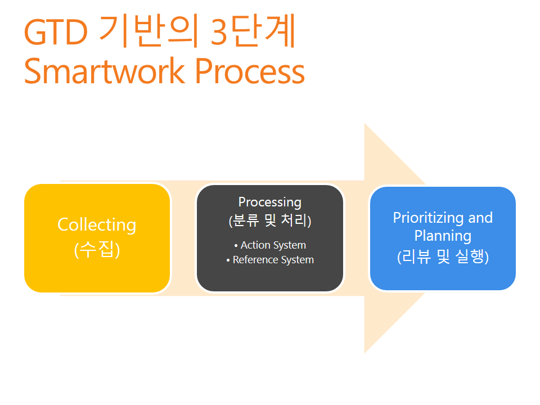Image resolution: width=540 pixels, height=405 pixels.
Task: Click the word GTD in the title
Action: point(56,33)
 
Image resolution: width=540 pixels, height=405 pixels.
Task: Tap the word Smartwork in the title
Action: point(105,71)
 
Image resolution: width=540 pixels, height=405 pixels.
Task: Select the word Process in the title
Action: point(250,71)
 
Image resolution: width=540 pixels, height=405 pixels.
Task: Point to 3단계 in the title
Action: point(253,30)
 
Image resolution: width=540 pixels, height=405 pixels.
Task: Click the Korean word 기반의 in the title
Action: point(148,30)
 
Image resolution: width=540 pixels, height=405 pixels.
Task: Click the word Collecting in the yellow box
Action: point(97,225)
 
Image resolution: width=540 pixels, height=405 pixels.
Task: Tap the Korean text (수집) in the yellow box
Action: point(97,249)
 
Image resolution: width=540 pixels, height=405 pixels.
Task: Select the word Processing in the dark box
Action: point(270,202)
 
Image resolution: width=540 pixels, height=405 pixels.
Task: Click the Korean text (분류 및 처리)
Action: point(270,220)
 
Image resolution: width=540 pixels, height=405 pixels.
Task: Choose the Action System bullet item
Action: point(270,245)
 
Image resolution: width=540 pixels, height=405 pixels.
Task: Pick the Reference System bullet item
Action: point(270,260)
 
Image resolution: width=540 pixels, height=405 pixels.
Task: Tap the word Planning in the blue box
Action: point(443,236)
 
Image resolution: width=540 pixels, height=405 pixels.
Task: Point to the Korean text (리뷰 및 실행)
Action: point(443,256)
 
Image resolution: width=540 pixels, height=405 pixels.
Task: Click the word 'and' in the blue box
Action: point(480,218)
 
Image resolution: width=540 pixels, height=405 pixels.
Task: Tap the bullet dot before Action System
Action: point(236,246)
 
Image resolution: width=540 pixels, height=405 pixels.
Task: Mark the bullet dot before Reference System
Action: point(228,260)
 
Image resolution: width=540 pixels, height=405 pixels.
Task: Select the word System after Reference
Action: point(298,260)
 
